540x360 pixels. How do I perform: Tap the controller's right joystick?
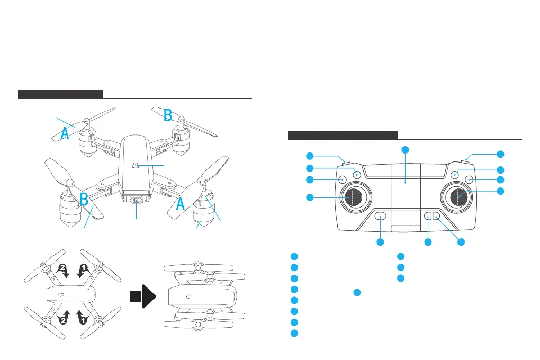tap(459, 197)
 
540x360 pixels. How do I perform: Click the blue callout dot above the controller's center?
tap(405, 150)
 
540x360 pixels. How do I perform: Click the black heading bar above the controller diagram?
tap(343, 135)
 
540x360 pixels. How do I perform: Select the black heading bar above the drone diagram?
tap(60, 95)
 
